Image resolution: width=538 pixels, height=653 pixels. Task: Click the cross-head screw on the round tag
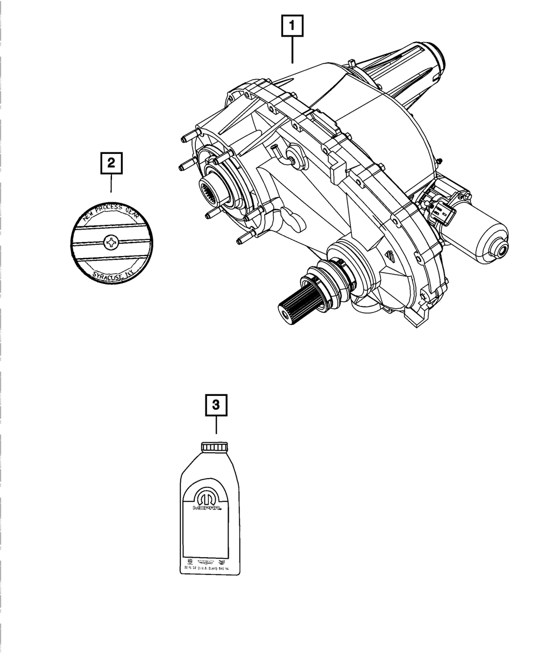[111, 244]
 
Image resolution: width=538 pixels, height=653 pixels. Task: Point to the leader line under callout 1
[292, 52]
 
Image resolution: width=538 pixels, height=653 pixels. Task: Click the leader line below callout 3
[216, 428]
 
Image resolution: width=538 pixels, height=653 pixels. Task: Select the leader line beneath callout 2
[111, 184]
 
